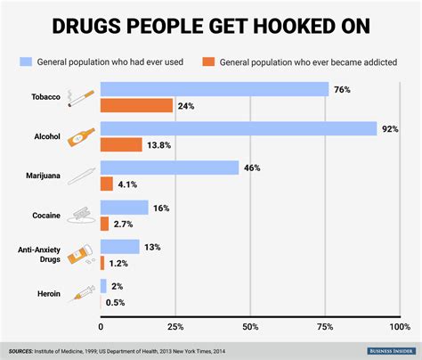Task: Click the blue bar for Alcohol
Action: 239,128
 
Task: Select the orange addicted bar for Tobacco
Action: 136,105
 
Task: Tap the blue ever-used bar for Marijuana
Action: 169,168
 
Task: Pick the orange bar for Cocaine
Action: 104,224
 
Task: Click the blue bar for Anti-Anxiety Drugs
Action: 119,246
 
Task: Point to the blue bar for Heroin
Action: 103,285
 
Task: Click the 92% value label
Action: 389,128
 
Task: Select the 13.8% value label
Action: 159,145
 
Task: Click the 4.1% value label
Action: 128,184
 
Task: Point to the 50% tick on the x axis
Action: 250,326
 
